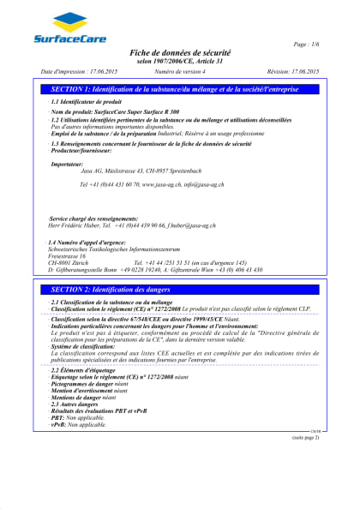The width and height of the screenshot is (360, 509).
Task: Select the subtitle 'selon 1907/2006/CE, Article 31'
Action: point(180,62)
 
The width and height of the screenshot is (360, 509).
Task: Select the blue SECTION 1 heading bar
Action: point(180,89)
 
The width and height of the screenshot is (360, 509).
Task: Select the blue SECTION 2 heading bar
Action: point(180,266)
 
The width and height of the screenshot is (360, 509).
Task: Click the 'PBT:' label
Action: point(57,417)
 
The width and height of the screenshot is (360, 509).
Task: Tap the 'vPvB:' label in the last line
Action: point(58,424)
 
